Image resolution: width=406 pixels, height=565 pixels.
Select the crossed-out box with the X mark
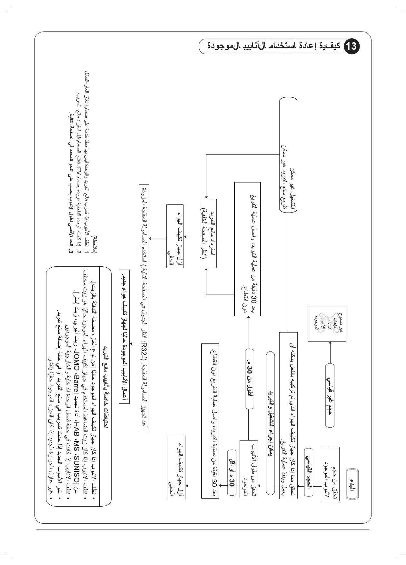click(327, 323)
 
